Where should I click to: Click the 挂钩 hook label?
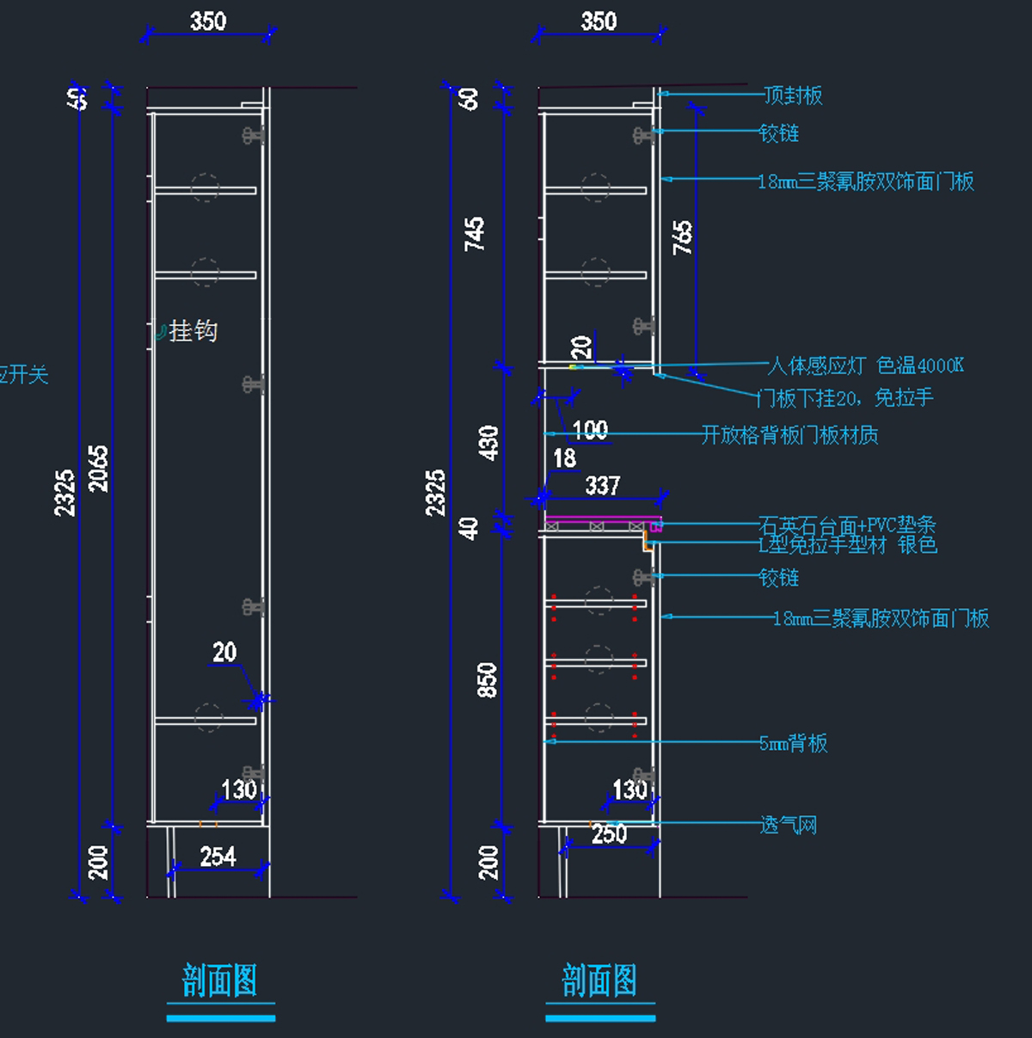[x=193, y=331]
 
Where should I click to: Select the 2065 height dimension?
[x=100, y=468]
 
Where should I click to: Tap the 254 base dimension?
[x=218, y=857]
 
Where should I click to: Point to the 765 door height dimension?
[x=682, y=237]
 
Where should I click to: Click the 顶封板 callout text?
[x=793, y=95]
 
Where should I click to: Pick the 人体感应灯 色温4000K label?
[x=865, y=365]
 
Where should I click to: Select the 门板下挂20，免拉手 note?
[x=845, y=397]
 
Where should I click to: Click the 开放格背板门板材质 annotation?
[x=789, y=435]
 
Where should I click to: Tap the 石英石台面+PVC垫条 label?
[x=847, y=525]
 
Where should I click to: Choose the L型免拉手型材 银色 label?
[x=847, y=545]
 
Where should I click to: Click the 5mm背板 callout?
[x=793, y=743]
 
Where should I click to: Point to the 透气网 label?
[x=789, y=826]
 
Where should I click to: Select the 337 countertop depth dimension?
[x=602, y=486]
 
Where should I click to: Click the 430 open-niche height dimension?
[x=488, y=442]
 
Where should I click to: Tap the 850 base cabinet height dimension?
[x=487, y=679]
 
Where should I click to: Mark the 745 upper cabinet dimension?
[x=475, y=234]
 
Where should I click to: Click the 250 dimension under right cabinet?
[x=609, y=833]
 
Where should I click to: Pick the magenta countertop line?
[x=602, y=519]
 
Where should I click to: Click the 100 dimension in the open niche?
[x=590, y=430]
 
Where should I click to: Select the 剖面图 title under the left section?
[x=220, y=981]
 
